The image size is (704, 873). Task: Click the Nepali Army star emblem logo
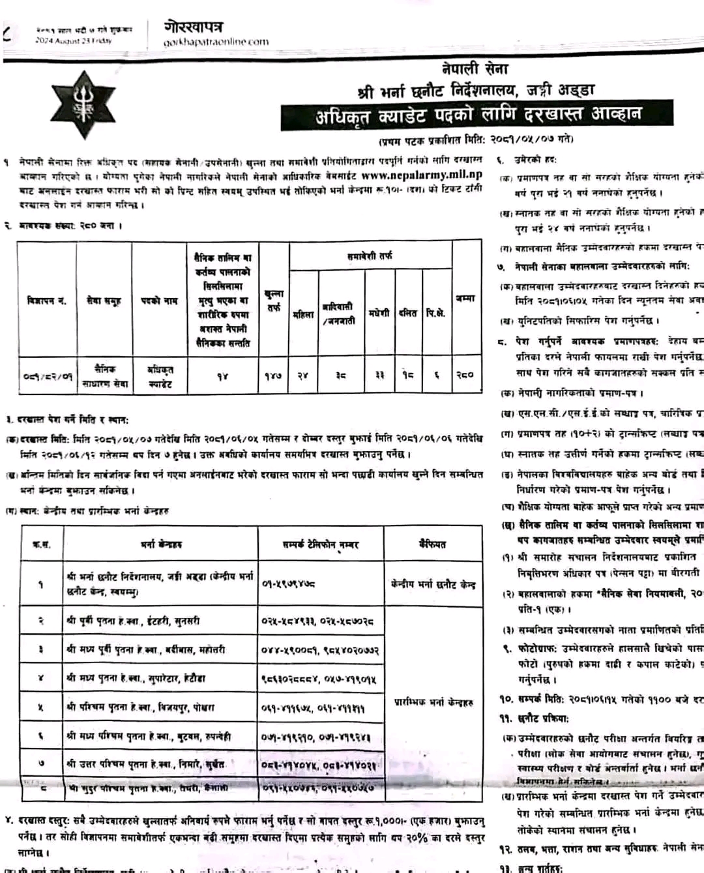pyautogui.click(x=84, y=105)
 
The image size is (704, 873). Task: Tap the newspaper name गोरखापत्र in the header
pyautogui.click(x=194, y=27)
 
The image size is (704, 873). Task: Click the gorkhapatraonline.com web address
pyautogui.click(x=216, y=42)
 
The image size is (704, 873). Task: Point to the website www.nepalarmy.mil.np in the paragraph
pyautogui.click(x=422, y=175)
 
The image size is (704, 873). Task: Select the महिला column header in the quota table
pyautogui.click(x=303, y=314)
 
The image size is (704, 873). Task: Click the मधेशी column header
pyautogui.click(x=379, y=314)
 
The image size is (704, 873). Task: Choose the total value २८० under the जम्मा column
pyautogui.click(x=465, y=375)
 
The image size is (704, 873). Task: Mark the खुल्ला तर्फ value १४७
pyautogui.click(x=273, y=376)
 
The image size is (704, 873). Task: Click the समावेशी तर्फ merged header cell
pyautogui.click(x=370, y=256)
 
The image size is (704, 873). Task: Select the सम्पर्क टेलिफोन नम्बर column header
pyautogui.click(x=321, y=544)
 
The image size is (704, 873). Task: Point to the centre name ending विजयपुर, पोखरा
pyautogui.click(x=140, y=707)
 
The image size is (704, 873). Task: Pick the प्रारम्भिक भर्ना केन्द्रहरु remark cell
pyautogui.click(x=433, y=702)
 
